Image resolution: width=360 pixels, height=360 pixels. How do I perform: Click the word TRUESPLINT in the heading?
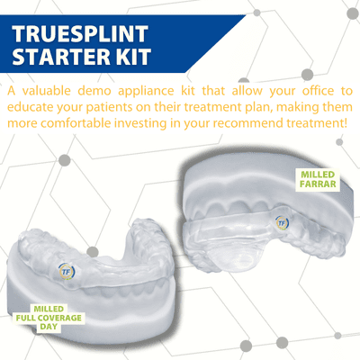pos(80,33)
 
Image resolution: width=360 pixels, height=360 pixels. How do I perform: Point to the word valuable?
pos(47,91)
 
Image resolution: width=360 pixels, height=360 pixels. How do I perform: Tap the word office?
pos(318,91)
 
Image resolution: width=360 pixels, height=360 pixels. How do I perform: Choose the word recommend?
pos(250,123)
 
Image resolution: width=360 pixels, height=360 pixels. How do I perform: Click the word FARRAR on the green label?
pos(318,184)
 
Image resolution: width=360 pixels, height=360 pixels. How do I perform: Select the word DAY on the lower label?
pos(49,327)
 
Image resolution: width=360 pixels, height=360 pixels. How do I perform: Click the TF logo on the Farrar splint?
pos(282,223)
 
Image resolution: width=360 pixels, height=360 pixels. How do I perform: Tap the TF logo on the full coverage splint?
pos(67,271)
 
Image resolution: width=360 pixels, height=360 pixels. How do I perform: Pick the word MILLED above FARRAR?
pos(318,175)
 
